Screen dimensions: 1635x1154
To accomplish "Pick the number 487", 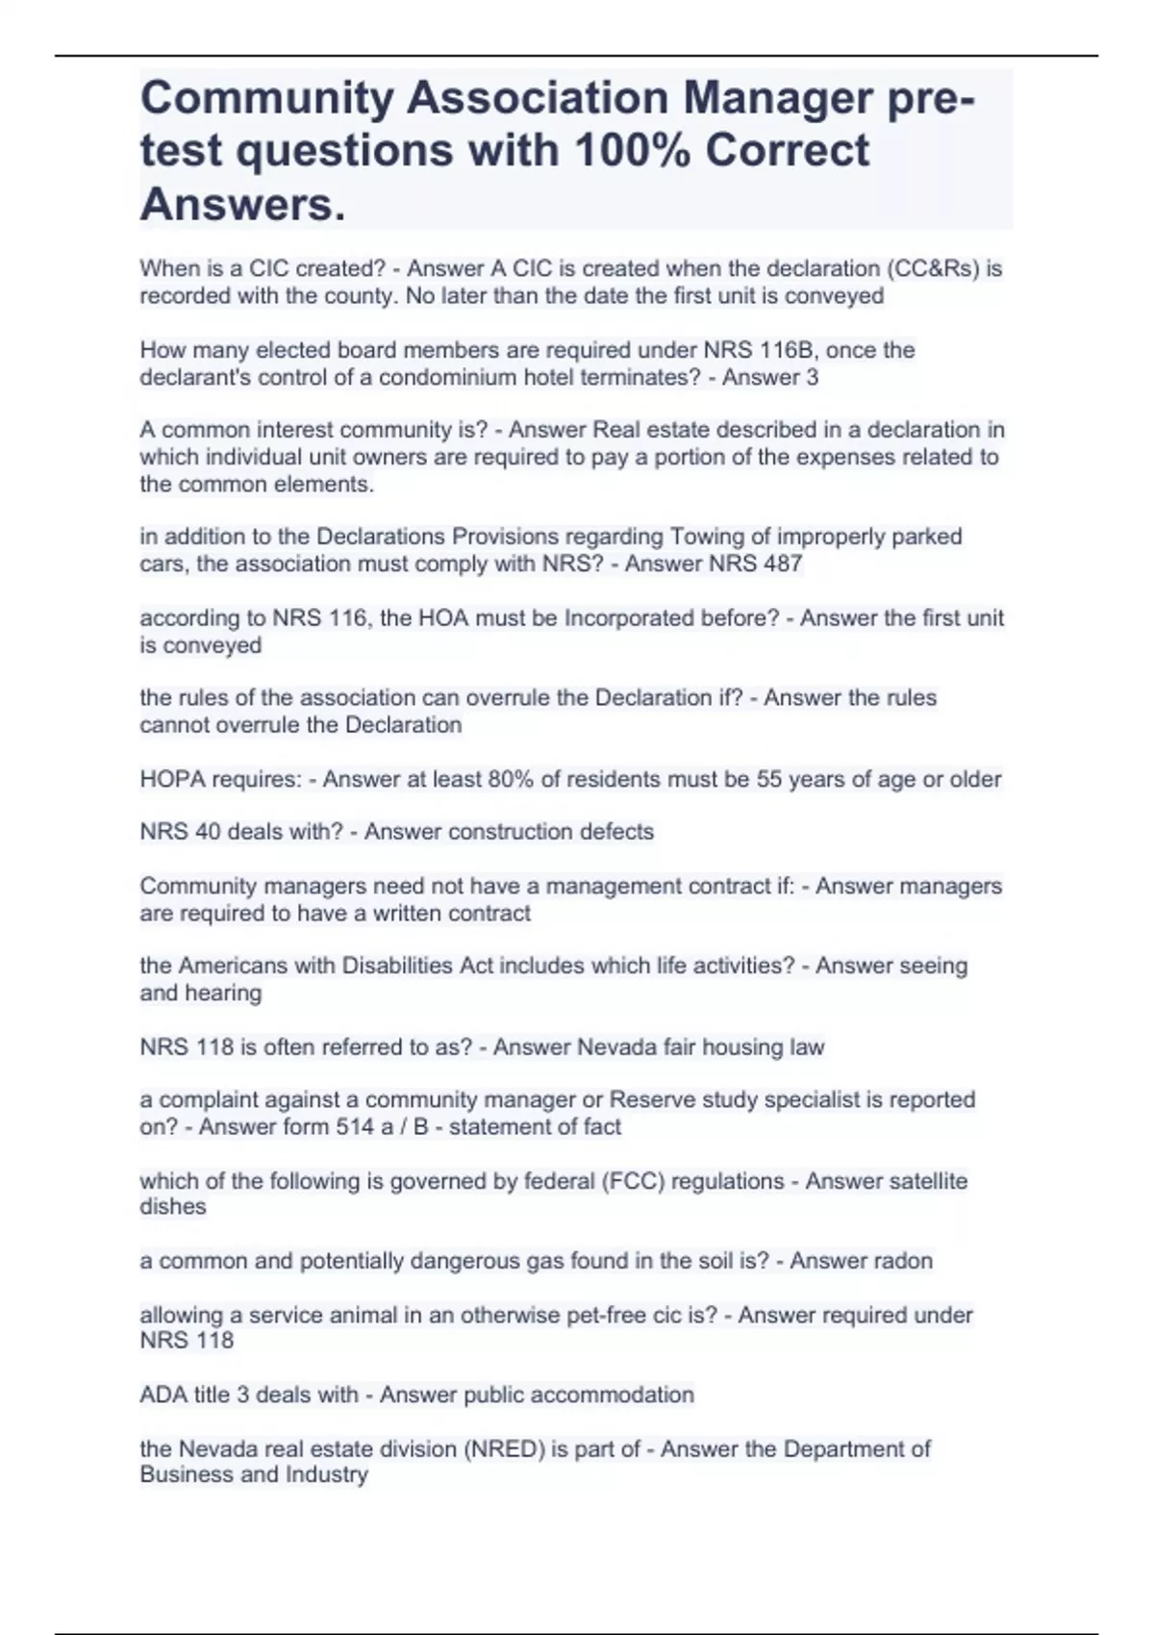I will pos(783,564).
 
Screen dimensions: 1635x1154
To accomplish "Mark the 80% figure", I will pos(511,779).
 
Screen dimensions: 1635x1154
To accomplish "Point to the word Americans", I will pos(232,966).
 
